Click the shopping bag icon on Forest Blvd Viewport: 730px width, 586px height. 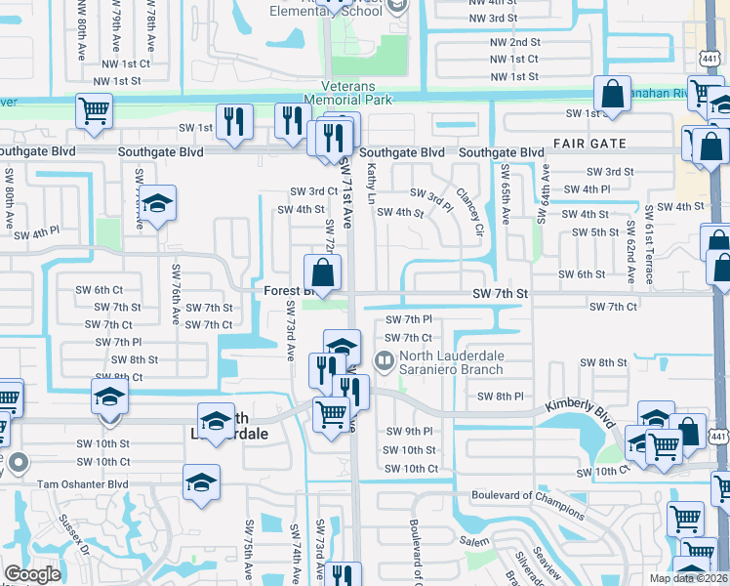322,272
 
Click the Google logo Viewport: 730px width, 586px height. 32,573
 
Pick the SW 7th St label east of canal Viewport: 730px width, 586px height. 499,293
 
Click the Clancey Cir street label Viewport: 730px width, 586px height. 467,214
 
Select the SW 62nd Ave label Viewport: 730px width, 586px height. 631,253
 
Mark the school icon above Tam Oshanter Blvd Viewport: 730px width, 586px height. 202,481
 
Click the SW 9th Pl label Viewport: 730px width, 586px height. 410,431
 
